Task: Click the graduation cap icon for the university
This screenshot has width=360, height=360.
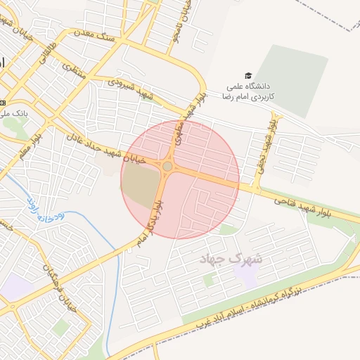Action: point(247,76)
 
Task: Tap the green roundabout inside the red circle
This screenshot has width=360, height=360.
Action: point(167,167)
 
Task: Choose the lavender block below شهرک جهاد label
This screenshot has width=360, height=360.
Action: point(246,276)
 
